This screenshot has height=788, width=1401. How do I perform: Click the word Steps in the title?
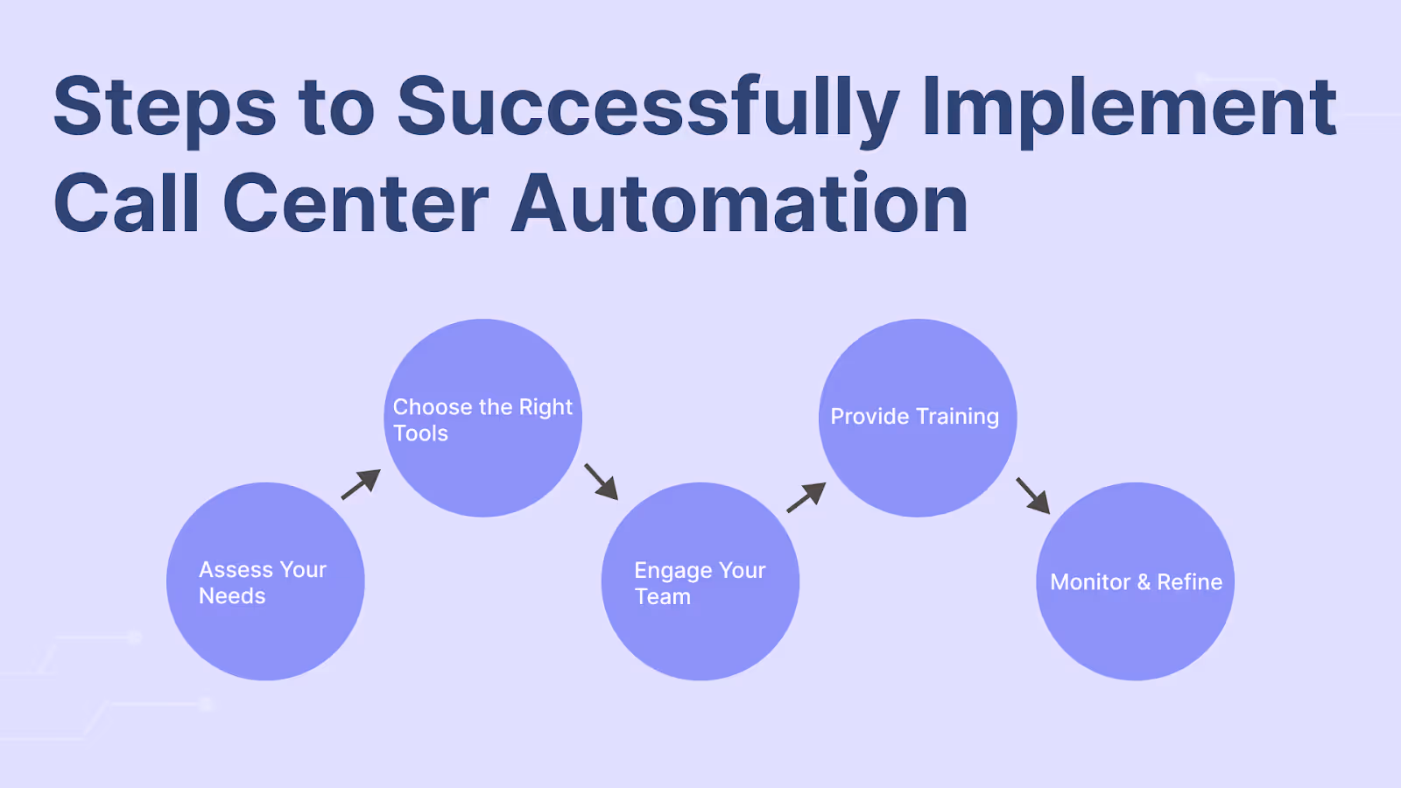pos(165,109)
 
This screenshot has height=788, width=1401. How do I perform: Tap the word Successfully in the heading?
pos(648,109)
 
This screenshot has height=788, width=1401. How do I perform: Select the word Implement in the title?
pos(1130,109)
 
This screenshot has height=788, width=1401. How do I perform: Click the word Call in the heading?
pos(127,204)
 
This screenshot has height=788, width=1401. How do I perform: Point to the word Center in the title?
pos(356,204)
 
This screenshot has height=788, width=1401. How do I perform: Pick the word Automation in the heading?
pos(740,204)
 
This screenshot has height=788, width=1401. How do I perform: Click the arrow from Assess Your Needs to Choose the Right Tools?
pos(361,484)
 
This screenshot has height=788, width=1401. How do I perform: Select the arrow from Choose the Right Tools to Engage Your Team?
pos(602,482)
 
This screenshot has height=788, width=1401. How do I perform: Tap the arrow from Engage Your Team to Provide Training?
pos(806,497)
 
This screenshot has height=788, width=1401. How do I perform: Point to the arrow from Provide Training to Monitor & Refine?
pos(1033,496)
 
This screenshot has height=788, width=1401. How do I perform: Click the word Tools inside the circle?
pos(420,433)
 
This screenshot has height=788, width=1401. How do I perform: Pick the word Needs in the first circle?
pos(232,596)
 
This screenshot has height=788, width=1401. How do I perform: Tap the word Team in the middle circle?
pos(663,597)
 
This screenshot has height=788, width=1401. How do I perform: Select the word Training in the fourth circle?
pos(958,417)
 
